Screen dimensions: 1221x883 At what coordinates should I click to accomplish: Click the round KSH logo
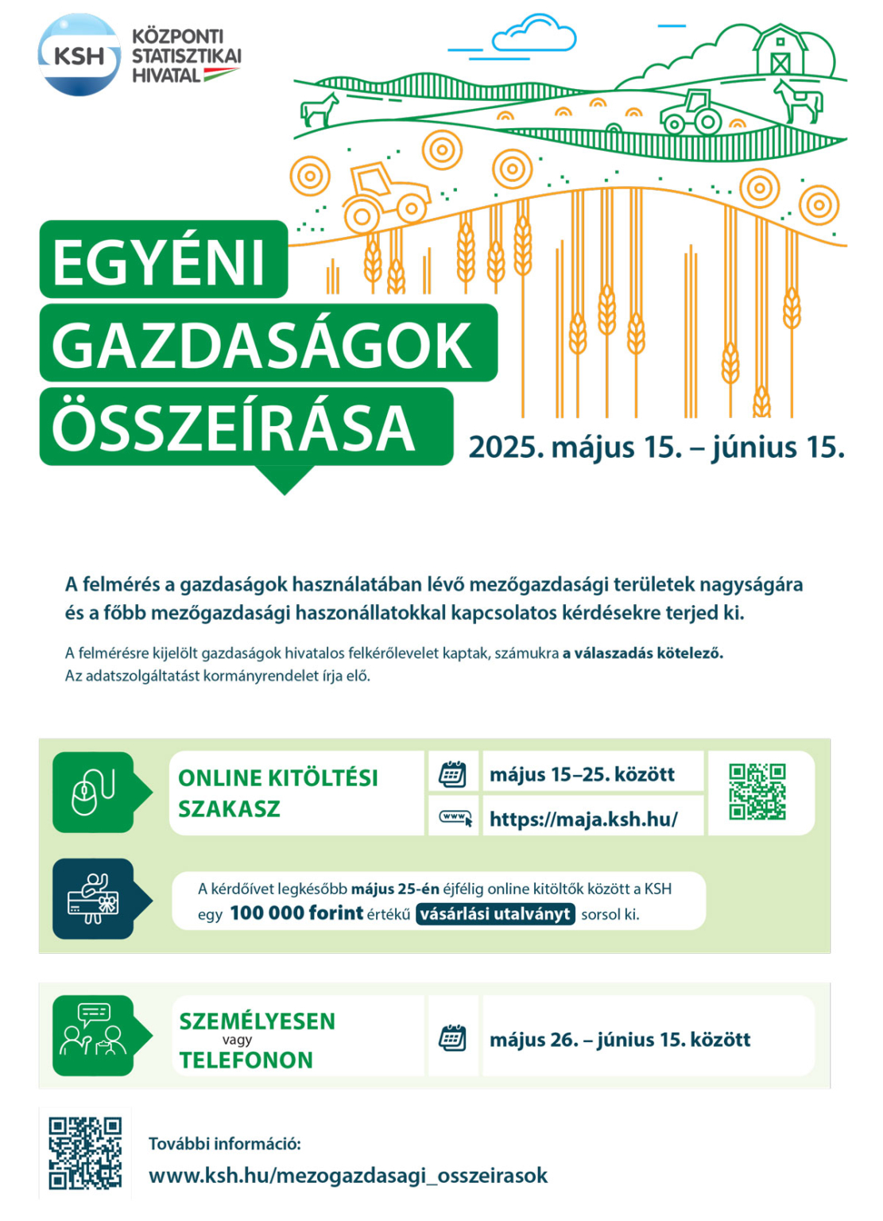pos(79,55)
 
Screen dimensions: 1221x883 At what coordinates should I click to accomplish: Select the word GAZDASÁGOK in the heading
pos(262,345)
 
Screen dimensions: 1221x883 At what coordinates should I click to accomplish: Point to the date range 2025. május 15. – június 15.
pos(656,447)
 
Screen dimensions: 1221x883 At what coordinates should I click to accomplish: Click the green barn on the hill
pos(780,52)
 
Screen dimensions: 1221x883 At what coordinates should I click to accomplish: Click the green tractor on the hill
pos(691,113)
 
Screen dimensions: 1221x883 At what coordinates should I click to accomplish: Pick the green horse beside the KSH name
pos(320,110)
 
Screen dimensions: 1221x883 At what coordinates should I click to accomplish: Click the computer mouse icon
pos(93,793)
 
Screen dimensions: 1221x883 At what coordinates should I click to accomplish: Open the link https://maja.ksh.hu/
pos(583,819)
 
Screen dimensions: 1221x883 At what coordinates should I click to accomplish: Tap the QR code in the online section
pos(757,792)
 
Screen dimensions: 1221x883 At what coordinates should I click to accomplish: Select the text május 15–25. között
pos(582,774)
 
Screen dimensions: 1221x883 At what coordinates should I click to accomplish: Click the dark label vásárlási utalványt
pos(495,914)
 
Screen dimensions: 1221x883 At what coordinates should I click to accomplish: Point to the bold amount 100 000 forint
pos(296,913)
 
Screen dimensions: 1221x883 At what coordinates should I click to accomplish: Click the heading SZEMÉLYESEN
pos(257,1021)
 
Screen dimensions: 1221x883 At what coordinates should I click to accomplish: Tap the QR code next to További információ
pos(85,1153)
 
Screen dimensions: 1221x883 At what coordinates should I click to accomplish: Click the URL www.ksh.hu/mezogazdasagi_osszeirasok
pos(348,1176)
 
